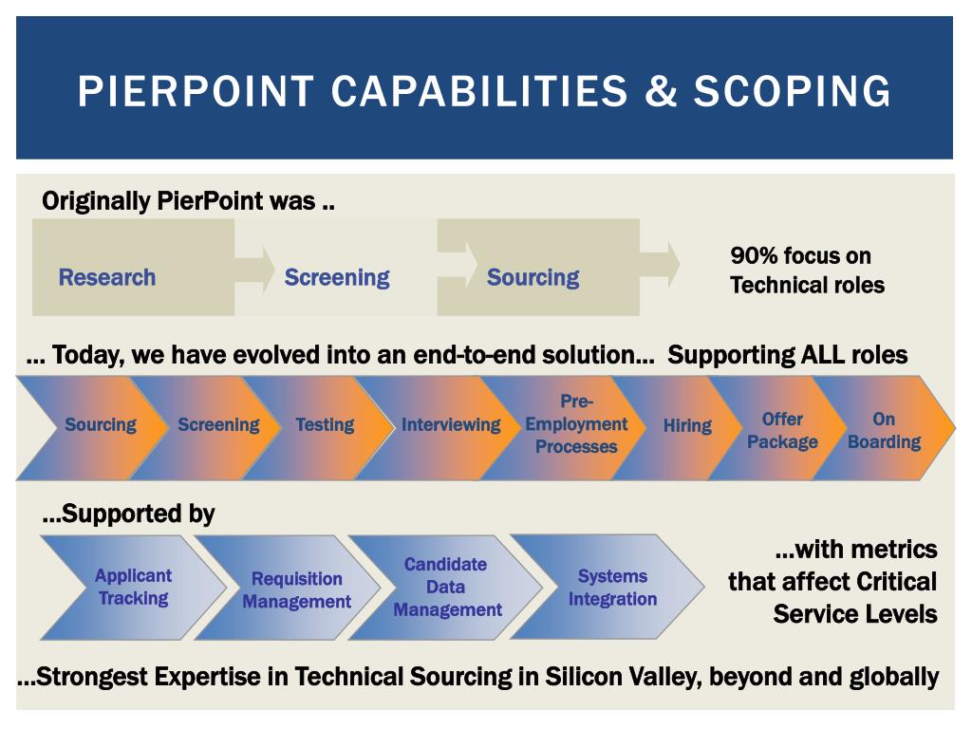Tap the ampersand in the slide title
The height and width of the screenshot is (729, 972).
(662, 91)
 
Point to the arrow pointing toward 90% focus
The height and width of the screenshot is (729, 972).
(661, 265)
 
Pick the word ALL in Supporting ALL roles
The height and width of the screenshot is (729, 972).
(830, 355)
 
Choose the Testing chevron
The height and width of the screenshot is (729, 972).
(325, 425)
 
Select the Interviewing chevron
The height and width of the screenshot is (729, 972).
(450, 425)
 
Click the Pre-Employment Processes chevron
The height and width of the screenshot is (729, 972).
(575, 424)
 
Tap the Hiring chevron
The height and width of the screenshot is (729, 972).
(687, 426)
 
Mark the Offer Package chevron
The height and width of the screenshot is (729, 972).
(782, 430)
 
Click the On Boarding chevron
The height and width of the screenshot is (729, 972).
(885, 430)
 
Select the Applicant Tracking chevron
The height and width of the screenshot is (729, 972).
(133, 587)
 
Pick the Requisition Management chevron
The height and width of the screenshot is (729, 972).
(296, 589)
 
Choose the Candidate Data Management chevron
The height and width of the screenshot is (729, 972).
(446, 587)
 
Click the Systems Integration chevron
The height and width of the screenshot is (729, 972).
(612, 587)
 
